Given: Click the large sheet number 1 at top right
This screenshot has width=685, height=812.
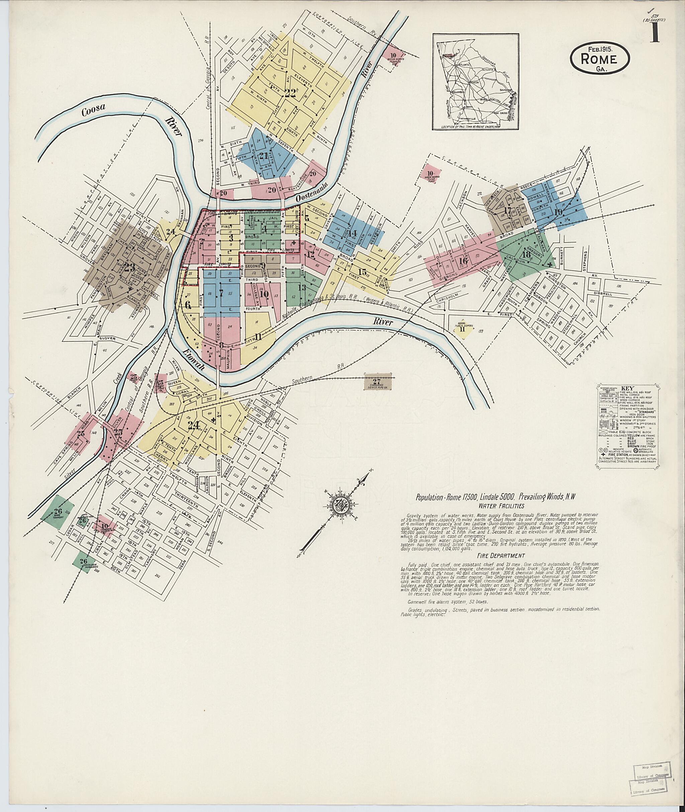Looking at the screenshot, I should pyautogui.click(x=655, y=33).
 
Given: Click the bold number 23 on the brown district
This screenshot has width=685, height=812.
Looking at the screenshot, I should pyautogui.click(x=129, y=267).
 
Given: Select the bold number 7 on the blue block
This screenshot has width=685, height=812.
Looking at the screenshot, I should pyautogui.click(x=221, y=294).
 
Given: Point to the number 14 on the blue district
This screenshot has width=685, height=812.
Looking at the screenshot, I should pyautogui.click(x=352, y=233).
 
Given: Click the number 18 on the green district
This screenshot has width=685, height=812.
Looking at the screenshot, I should pyautogui.click(x=526, y=255).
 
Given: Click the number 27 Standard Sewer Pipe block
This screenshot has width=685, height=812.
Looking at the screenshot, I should pyautogui.click(x=376, y=381).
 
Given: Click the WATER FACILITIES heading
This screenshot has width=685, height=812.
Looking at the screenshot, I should pyautogui.click(x=501, y=506).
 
